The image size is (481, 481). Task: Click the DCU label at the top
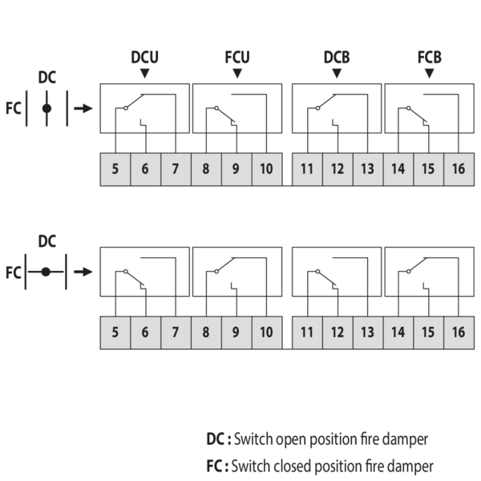click(x=144, y=57)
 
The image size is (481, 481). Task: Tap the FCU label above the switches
click(x=237, y=57)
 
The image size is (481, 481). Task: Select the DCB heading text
click(x=337, y=57)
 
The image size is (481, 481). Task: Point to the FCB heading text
click(x=430, y=57)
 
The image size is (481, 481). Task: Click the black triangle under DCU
click(x=144, y=73)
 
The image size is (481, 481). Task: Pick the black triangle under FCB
click(x=430, y=73)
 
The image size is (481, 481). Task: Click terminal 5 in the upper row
click(x=115, y=169)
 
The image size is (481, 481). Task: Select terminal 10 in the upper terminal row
click(x=267, y=169)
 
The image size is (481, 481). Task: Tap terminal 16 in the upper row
click(x=459, y=169)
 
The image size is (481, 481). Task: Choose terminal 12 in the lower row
click(x=338, y=333)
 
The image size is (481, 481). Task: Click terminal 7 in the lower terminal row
click(x=176, y=333)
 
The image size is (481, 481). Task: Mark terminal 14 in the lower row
click(x=398, y=333)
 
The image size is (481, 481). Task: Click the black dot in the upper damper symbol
click(x=46, y=108)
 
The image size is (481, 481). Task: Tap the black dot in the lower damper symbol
click(x=46, y=272)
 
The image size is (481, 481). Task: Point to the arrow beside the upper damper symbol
click(x=83, y=108)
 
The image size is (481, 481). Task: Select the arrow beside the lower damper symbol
click(x=83, y=272)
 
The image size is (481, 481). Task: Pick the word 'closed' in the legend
click(x=293, y=467)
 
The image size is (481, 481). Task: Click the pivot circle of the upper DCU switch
click(x=126, y=108)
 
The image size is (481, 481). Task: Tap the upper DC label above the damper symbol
click(x=47, y=77)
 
